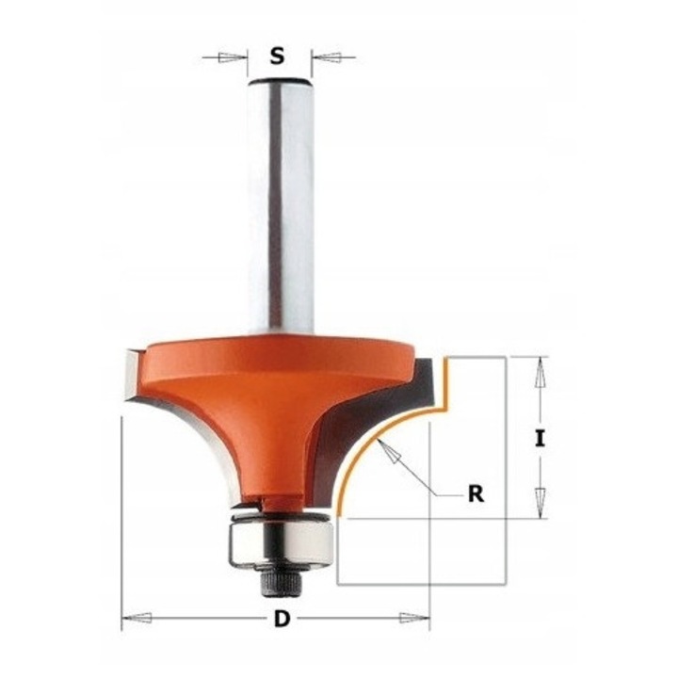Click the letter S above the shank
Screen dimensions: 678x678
pyautogui.click(x=276, y=56)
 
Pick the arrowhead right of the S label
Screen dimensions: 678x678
pyautogui.click(x=326, y=57)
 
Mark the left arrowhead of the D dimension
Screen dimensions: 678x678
pyautogui.click(x=137, y=619)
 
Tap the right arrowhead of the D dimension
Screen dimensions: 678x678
pyautogui.click(x=414, y=619)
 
